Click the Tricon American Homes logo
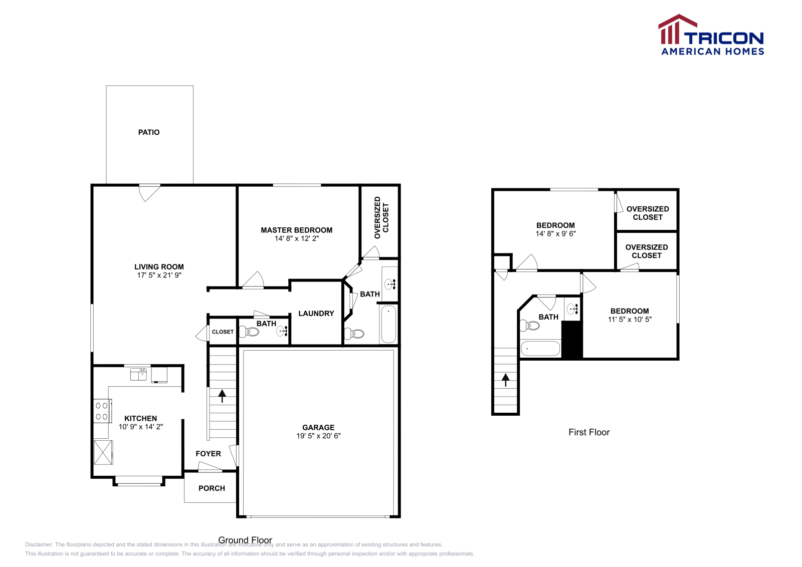coord(711,35)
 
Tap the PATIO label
coord(149,132)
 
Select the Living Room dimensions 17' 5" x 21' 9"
coord(159,275)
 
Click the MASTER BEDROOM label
coord(296,230)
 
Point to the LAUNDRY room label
coord(316,314)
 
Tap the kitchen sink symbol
coord(138,374)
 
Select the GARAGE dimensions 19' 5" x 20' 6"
coord(318,436)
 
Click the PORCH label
coord(212,488)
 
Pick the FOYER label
coord(208,454)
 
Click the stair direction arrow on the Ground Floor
coord(222,396)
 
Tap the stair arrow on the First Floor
coord(506,380)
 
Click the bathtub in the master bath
coord(388,324)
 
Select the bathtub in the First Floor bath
coord(540,349)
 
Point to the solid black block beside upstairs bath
coord(572,340)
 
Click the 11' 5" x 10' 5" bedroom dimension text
coord(630,320)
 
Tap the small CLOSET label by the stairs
coord(223,332)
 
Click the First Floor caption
coord(589,432)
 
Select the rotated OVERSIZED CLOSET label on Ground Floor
coord(381,217)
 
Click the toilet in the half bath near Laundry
coord(250,332)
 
